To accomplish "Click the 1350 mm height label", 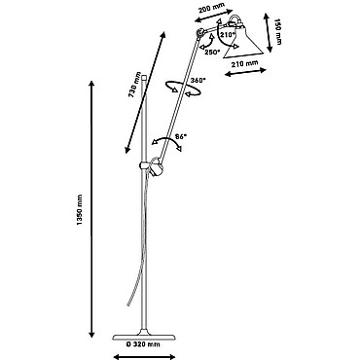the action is pos(79,210).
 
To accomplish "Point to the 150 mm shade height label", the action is pos(278,31).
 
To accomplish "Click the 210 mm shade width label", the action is pos(244,64).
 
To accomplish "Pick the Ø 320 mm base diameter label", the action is pos(143,344).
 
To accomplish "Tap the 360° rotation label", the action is pos(198,80).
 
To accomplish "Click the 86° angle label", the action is pos(182,136).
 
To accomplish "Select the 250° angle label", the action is pos(212,52).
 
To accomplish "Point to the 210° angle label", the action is pos(228,34).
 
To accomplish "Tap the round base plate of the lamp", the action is pos(144,336).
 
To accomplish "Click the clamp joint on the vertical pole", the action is pos(152,166).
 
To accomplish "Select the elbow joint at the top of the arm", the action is pos(200,33).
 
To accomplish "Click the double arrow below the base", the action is pos(145,357).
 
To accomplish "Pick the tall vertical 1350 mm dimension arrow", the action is pos(91,209).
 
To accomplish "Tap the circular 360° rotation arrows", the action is pos(182,89).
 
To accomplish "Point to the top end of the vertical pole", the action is pos(144,74).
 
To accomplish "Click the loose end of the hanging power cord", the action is pos(127,305).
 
